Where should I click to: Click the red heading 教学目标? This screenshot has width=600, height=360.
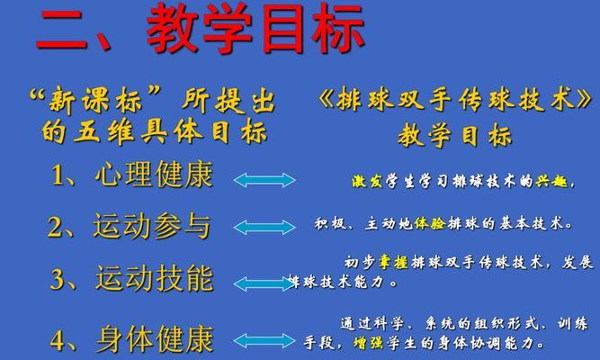255,29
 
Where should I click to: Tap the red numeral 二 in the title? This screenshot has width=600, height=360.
61,30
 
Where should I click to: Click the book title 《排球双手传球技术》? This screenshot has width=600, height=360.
454,100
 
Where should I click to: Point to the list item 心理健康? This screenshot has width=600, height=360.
154,175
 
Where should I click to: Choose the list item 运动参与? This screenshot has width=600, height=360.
152,226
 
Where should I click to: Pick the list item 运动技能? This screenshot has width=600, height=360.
155,278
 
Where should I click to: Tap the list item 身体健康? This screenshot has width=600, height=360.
155,339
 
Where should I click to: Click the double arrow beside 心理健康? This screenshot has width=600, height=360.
264,180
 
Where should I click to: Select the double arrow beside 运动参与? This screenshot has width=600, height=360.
264,228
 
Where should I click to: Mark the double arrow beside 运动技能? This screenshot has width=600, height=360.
264,283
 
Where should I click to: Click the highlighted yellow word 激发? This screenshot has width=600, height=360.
367,181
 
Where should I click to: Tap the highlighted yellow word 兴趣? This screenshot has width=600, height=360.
551,181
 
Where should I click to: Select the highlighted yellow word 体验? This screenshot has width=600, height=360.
430,223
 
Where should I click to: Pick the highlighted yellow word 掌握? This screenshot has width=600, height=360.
394,262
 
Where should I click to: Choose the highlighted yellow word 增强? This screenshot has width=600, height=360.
368,342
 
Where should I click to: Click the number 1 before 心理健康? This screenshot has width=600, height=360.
58,175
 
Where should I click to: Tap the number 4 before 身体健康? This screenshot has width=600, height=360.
58,340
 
